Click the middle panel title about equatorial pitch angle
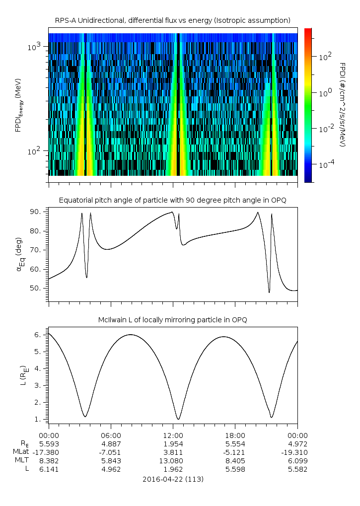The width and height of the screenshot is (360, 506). click(172, 200)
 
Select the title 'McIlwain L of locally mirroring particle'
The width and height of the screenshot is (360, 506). click(172, 320)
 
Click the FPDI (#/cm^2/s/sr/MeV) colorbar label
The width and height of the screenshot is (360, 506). click(342, 105)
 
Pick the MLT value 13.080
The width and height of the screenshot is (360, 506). click(173, 461)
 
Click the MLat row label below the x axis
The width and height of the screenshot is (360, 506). click(21, 452)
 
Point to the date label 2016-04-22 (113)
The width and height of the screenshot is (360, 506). click(173, 479)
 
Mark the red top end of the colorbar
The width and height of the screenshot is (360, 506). click(308, 31)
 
